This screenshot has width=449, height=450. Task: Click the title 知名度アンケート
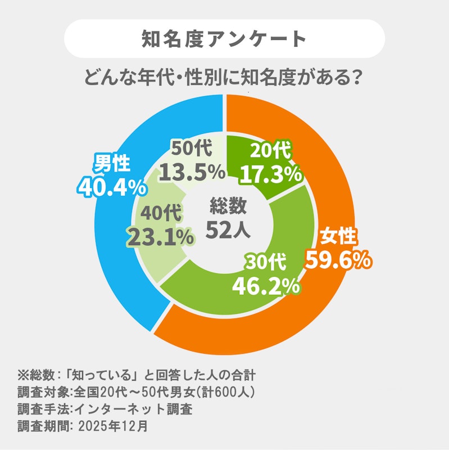(224, 38)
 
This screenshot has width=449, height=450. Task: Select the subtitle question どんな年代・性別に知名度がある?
(222, 78)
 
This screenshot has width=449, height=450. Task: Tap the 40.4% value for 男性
(112, 187)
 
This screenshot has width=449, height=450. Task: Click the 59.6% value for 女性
(338, 260)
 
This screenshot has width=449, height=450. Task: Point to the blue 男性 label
(112, 163)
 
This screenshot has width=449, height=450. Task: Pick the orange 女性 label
(339, 236)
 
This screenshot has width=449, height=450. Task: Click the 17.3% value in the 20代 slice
(271, 174)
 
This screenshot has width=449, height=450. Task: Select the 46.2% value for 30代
(266, 286)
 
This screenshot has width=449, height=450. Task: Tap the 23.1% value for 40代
(161, 237)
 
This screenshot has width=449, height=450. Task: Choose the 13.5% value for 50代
(192, 172)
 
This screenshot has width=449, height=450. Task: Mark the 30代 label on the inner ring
(265, 262)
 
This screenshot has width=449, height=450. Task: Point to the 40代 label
(161, 213)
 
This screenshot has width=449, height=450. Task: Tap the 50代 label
(192, 148)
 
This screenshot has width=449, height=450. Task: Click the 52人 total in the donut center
(228, 229)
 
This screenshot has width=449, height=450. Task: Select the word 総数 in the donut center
(228, 205)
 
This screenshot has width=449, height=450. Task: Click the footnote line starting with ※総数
(137, 375)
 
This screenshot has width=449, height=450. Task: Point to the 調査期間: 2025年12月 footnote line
(83, 426)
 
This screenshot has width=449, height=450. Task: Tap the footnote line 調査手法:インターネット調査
(105, 409)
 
